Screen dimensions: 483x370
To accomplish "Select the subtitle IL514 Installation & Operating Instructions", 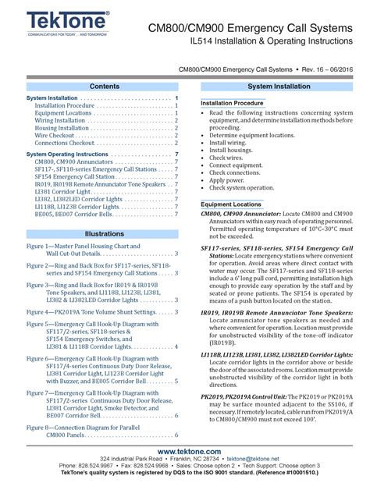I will [257, 41].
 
